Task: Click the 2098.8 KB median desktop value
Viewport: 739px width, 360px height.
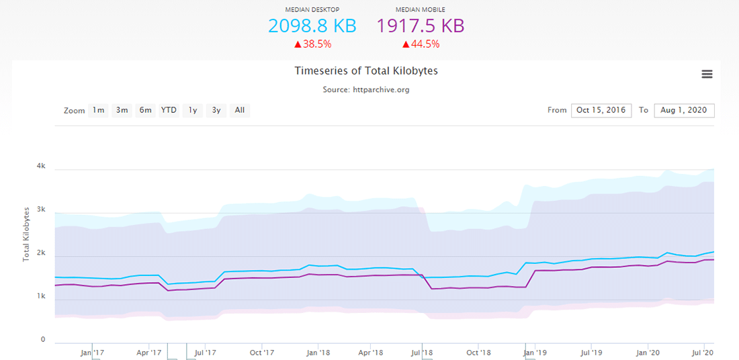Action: (x=312, y=26)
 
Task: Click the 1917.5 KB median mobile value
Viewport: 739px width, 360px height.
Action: (x=420, y=26)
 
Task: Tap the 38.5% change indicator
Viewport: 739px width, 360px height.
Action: (x=312, y=44)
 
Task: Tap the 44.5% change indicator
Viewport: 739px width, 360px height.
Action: (x=421, y=44)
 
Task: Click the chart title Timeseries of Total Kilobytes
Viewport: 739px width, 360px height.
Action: (x=366, y=71)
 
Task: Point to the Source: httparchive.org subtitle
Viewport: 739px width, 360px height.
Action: (x=366, y=89)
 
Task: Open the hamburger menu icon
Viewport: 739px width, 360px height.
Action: (x=707, y=74)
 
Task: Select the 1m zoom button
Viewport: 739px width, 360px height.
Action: (x=99, y=110)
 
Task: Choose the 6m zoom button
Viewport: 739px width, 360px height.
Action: (x=145, y=110)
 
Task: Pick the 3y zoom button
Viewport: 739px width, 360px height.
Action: (x=216, y=110)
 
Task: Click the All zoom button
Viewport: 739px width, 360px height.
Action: (x=240, y=110)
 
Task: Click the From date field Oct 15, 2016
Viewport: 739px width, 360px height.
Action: (x=601, y=110)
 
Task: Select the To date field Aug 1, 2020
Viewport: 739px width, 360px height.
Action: (x=684, y=110)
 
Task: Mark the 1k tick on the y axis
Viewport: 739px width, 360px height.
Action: (x=41, y=296)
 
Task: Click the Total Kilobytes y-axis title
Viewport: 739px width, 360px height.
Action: (x=27, y=234)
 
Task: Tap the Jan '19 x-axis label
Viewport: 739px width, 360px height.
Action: (x=534, y=352)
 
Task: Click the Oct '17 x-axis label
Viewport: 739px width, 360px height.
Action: (x=261, y=352)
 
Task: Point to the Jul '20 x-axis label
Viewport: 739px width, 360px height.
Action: (x=703, y=352)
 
